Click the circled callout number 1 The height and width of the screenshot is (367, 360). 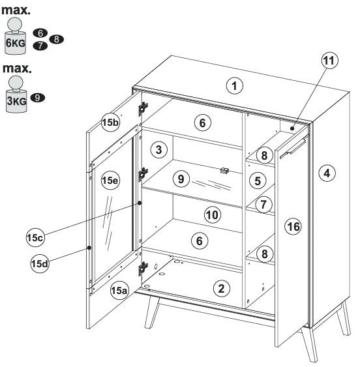pyautogui.click(x=235, y=86)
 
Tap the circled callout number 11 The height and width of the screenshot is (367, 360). pyautogui.click(x=329, y=61)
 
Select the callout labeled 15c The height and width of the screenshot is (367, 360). pyautogui.click(x=35, y=238)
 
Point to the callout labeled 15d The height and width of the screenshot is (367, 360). pyautogui.click(x=40, y=264)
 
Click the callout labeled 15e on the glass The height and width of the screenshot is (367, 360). pyautogui.click(x=110, y=181)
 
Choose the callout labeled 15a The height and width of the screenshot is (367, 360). pyautogui.click(x=119, y=291)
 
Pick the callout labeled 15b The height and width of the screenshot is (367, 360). pyautogui.click(x=111, y=122)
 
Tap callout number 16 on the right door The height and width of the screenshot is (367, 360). pyautogui.click(x=293, y=227)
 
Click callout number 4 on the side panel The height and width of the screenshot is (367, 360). pyautogui.click(x=327, y=173)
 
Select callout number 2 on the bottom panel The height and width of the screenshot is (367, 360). pyautogui.click(x=221, y=289)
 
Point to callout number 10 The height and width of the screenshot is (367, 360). pyautogui.click(x=213, y=215)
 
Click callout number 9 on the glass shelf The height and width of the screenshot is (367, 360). pyautogui.click(x=181, y=179)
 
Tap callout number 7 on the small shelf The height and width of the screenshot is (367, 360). pyautogui.click(x=263, y=204)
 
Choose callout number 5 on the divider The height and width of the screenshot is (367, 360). pyautogui.click(x=258, y=181)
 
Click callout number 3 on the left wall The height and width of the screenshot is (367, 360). pyautogui.click(x=158, y=149)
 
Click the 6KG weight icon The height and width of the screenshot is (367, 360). pyautogui.click(x=15, y=37)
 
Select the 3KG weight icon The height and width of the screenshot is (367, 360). pyautogui.click(x=16, y=94)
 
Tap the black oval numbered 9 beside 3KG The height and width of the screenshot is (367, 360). pyautogui.click(x=37, y=98)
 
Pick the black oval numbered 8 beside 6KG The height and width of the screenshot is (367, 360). pyautogui.click(x=57, y=39)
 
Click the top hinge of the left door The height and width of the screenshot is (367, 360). pyautogui.click(x=143, y=108)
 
